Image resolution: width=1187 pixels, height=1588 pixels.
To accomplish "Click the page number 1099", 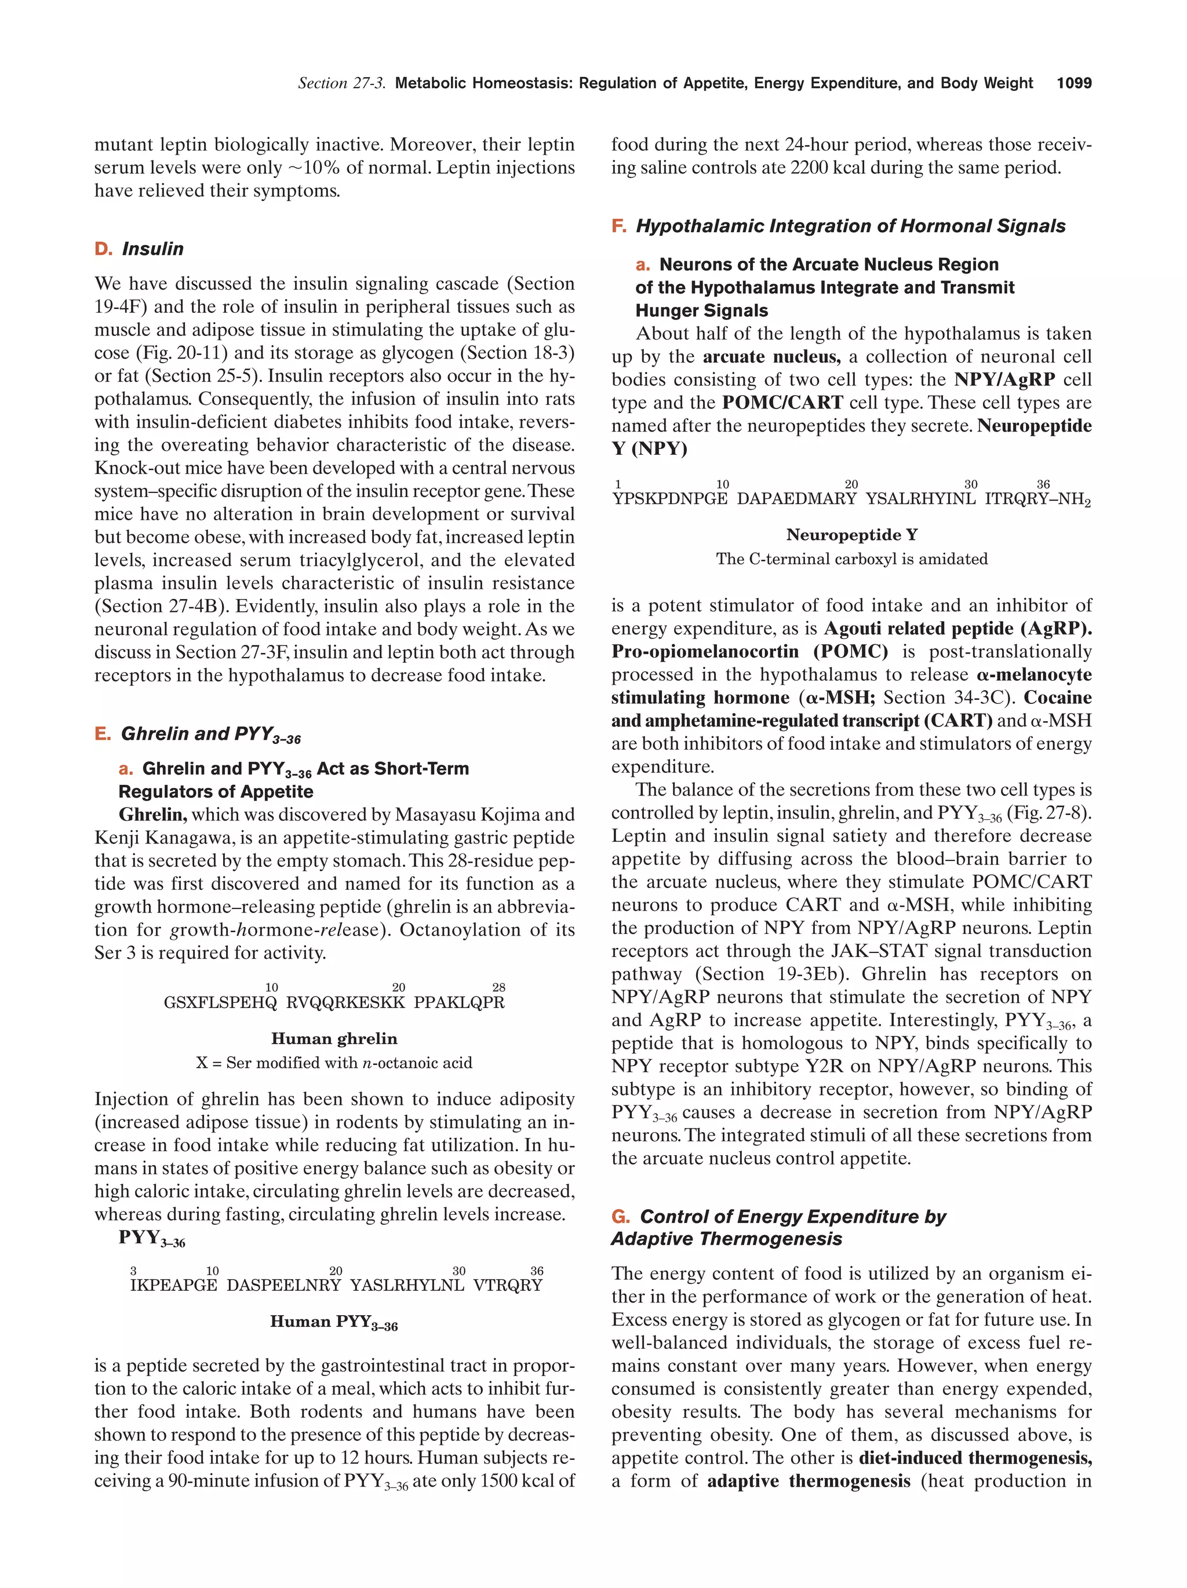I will [x=1073, y=83].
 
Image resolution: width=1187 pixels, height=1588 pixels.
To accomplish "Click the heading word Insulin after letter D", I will [x=152, y=249].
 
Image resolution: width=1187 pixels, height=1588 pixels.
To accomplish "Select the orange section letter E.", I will [x=102, y=733].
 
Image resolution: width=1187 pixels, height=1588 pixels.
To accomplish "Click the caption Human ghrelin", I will [x=334, y=1039].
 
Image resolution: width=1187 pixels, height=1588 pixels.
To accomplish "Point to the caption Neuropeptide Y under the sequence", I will [x=851, y=535].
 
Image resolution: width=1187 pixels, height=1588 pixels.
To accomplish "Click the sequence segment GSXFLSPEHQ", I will [x=220, y=1003].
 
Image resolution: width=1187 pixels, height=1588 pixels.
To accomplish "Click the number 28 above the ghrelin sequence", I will [x=498, y=988].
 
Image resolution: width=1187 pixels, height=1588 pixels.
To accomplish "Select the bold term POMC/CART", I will [x=782, y=403].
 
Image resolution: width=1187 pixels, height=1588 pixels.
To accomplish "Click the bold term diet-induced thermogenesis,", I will [x=974, y=1458].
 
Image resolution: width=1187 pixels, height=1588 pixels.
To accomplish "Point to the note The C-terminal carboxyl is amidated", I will [x=851, y=559].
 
